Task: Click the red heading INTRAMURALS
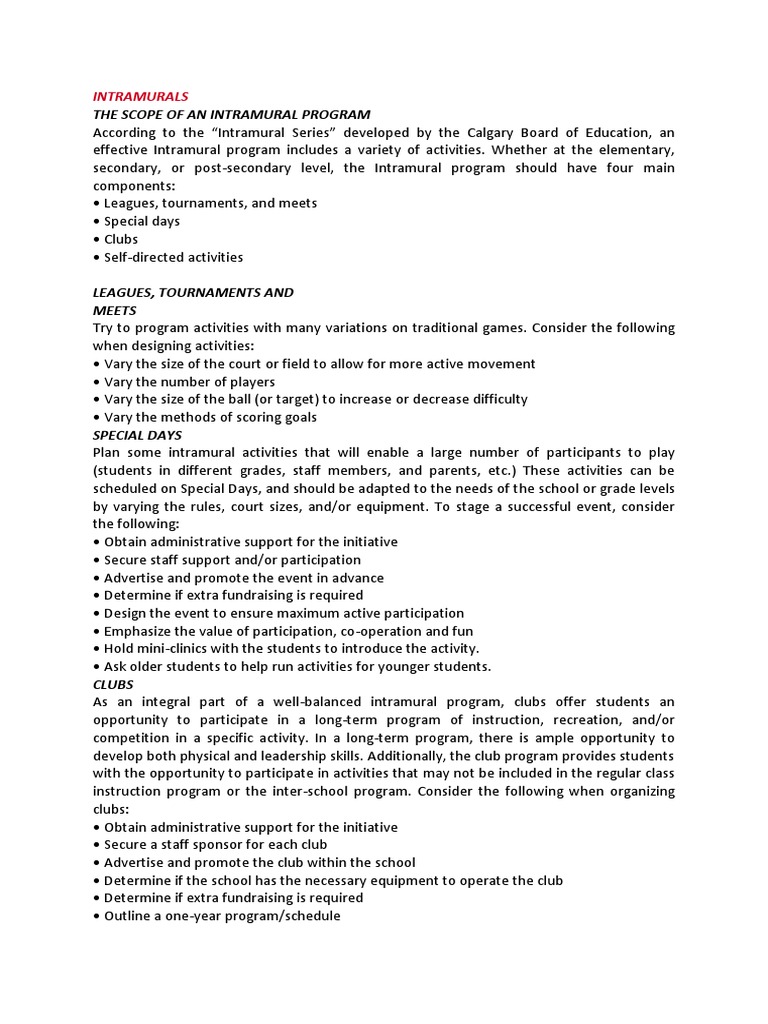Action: click(140, 96)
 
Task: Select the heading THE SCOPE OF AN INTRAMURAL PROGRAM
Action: click(231, 114)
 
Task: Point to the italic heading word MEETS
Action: click(114, 310)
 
